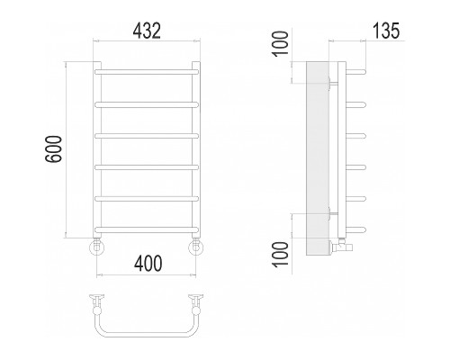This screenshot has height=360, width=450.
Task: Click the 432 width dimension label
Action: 147,31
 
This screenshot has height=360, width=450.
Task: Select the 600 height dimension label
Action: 53,149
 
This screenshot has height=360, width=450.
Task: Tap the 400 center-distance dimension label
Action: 148,264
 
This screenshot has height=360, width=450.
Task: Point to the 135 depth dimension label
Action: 386,31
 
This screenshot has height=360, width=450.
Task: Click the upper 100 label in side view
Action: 280,43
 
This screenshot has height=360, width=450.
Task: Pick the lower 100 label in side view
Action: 280,254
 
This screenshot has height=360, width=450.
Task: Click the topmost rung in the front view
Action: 147,72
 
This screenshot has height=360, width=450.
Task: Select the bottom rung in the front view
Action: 147,230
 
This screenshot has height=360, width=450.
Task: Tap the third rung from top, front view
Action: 147,136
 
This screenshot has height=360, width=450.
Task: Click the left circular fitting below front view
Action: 97,247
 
